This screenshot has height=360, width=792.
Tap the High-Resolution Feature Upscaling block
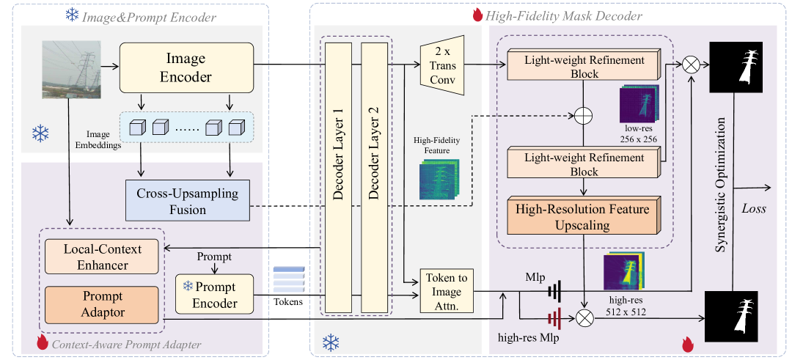coord(582,217)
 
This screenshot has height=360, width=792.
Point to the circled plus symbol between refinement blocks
coord(583,116)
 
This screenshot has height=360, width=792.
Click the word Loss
coord(754,209)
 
